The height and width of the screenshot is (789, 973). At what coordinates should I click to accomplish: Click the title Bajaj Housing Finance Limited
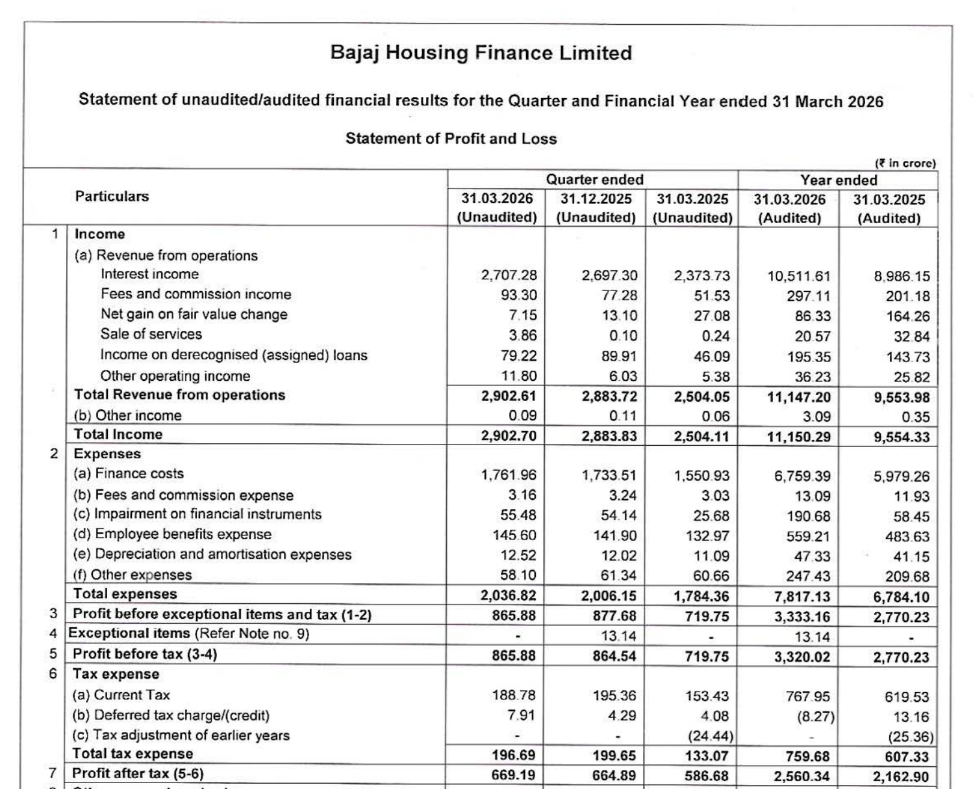pyautogui.click(x=481, y=53)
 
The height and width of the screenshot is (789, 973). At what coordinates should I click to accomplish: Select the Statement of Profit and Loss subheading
pyautogui.click(x=451, y=138)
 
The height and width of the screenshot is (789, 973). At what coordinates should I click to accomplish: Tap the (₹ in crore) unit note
pyautogui.click(x=905, y=163)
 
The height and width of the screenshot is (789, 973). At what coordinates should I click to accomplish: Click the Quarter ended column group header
pyautogui.click(x=594, y=179)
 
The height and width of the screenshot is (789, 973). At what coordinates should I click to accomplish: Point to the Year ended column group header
pyautogui.click(x=839, y=180)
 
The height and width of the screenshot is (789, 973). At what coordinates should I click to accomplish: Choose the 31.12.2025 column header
pyautogui.click(x=596, y=199)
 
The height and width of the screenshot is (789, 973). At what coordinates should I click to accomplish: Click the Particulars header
pyautogui.click(x=112, y=196)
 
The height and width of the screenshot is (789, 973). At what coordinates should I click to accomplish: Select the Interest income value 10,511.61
pyautogui.click(x=798, y=276)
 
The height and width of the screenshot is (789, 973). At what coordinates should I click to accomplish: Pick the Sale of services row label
pyautogui.click(x=151, y=334)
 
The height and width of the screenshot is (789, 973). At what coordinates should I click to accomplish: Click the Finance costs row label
pyautogui.click(x=129, y=474)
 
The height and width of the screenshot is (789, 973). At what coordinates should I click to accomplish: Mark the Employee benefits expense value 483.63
pyautogui.click(x=907, y=537)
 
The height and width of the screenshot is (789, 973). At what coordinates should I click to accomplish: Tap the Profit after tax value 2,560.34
pyautogui.click(x=802, y=776)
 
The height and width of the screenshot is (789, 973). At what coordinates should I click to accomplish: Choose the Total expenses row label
pyautogui.click(x=125, y=594)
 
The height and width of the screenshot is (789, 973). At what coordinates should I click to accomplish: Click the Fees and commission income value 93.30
pyautogui.click(x=518, y=295)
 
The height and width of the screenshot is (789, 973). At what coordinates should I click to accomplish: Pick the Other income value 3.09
pyautogui.click(x=817, y=417)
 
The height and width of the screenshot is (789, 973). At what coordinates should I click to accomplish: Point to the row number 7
pyautogui.click(x=54, y=773)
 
